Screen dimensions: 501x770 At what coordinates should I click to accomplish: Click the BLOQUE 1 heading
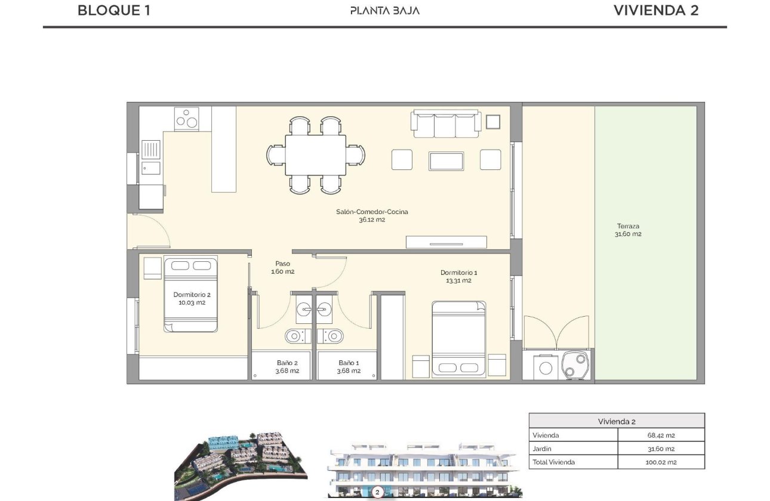[114, 10]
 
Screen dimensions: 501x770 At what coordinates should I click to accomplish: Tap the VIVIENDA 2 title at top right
[655, 10]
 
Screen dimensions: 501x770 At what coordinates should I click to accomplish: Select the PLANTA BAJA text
[384, 10]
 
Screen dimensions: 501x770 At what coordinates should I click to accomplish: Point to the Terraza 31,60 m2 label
[628, 230]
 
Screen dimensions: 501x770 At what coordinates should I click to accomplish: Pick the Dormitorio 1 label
[458, 276]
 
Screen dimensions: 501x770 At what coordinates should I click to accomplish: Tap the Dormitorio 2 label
[192, 298]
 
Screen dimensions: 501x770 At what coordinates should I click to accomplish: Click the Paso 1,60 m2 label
[282, 267]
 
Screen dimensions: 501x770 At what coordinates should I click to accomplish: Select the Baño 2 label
[287, 366]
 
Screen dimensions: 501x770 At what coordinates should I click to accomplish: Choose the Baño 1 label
[349, 366]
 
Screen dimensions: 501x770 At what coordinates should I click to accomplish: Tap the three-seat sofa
[445, 122]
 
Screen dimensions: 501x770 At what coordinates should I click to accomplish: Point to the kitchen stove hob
[187, 118]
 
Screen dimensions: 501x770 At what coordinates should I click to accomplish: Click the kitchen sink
[151, 149]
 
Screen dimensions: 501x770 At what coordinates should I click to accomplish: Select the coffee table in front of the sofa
[446, 160]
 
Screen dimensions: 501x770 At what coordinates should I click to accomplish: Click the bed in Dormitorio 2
[191, 294]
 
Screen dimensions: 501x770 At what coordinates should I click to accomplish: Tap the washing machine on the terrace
[545, 366]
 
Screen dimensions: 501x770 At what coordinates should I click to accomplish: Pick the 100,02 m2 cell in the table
[661, 462]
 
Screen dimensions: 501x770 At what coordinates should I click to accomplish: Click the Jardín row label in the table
[543, 449]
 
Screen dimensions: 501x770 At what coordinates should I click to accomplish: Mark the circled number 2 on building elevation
[377, 493]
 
